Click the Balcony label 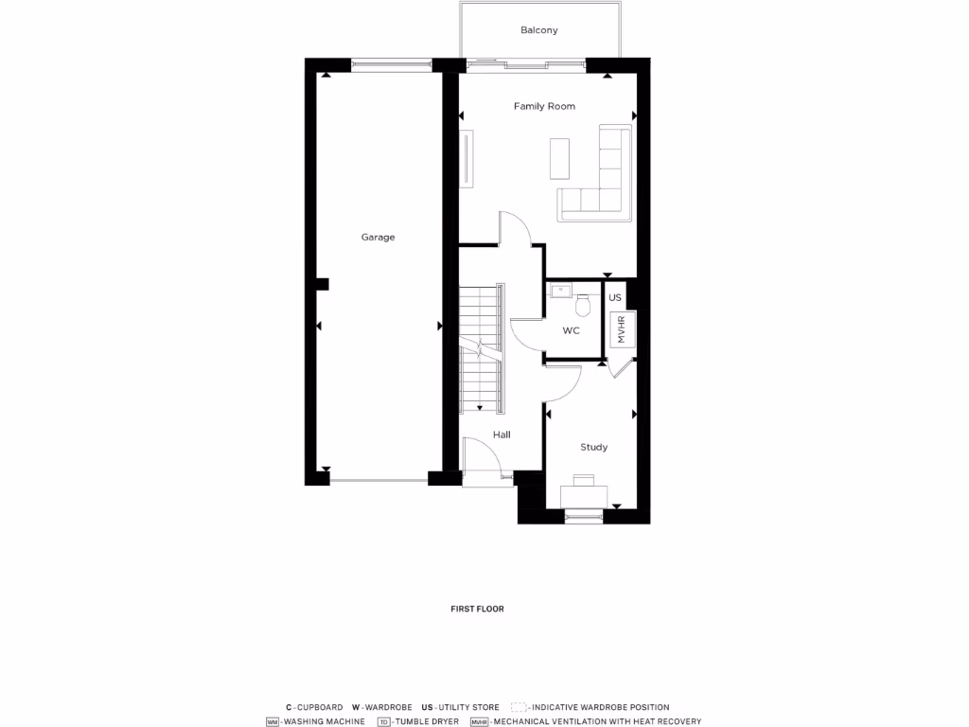(x=539, y=30)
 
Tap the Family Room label (x=544, y=106)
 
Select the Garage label (x=378, y=238)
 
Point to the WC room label (x=571, y=330)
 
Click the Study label (x=593, y=447)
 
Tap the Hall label (x=502, y=434)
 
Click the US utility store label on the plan (x=615, y=297)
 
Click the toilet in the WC (x=582, y=306)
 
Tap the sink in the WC (x=558, y=290)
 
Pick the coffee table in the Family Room (x=559, y=158)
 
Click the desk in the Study (x=585, y=495)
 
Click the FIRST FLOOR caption (x=477, y=609)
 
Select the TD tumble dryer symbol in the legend (x=383, y=721)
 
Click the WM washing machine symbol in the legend (x=273, y=721)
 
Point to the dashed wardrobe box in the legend (x=519, y=707)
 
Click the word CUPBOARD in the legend (x=320, y=707)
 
